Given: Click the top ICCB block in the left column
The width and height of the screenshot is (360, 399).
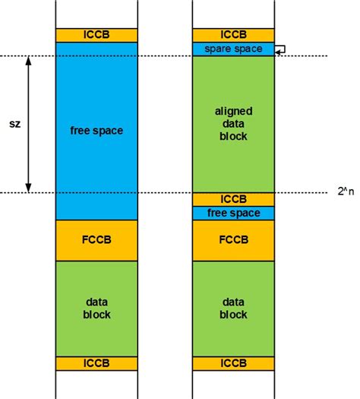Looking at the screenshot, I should click(x=96, y=35).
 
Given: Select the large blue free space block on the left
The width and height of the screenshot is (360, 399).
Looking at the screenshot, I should click(x=96, y=131).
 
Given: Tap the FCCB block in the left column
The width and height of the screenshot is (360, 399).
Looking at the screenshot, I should click(x=96, y=240).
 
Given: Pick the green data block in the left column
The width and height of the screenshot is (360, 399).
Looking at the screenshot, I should click(x=96, y=308).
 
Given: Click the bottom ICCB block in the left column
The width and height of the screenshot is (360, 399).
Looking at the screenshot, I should click(x=96, y=363).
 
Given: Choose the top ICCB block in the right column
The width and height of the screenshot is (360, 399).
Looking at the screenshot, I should click(x=232, y=35).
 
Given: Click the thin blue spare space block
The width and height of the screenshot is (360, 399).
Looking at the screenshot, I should click(x=232, y=49).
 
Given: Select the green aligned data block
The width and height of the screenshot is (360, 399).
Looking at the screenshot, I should click(x=232, y=123).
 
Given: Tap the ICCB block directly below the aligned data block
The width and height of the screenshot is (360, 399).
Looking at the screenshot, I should click(x=232, y=199).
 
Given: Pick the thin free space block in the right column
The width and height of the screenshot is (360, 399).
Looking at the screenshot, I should click(x=232, y=213).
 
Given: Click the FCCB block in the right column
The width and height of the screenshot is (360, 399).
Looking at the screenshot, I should click(x=232, y=240).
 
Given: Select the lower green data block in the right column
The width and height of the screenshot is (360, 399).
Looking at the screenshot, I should click(x=232, y=308).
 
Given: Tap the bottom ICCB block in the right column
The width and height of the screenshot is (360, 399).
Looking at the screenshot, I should click(x=232, y=363).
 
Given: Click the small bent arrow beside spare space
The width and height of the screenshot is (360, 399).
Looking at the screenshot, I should click(x=279, y=49).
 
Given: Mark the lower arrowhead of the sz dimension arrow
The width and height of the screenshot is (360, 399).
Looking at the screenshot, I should click(x=29, y=188).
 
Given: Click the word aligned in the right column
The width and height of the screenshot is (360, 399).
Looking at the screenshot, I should click(x=232, y=111).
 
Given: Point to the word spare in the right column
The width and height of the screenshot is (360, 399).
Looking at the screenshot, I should click(x=216, y=49).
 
